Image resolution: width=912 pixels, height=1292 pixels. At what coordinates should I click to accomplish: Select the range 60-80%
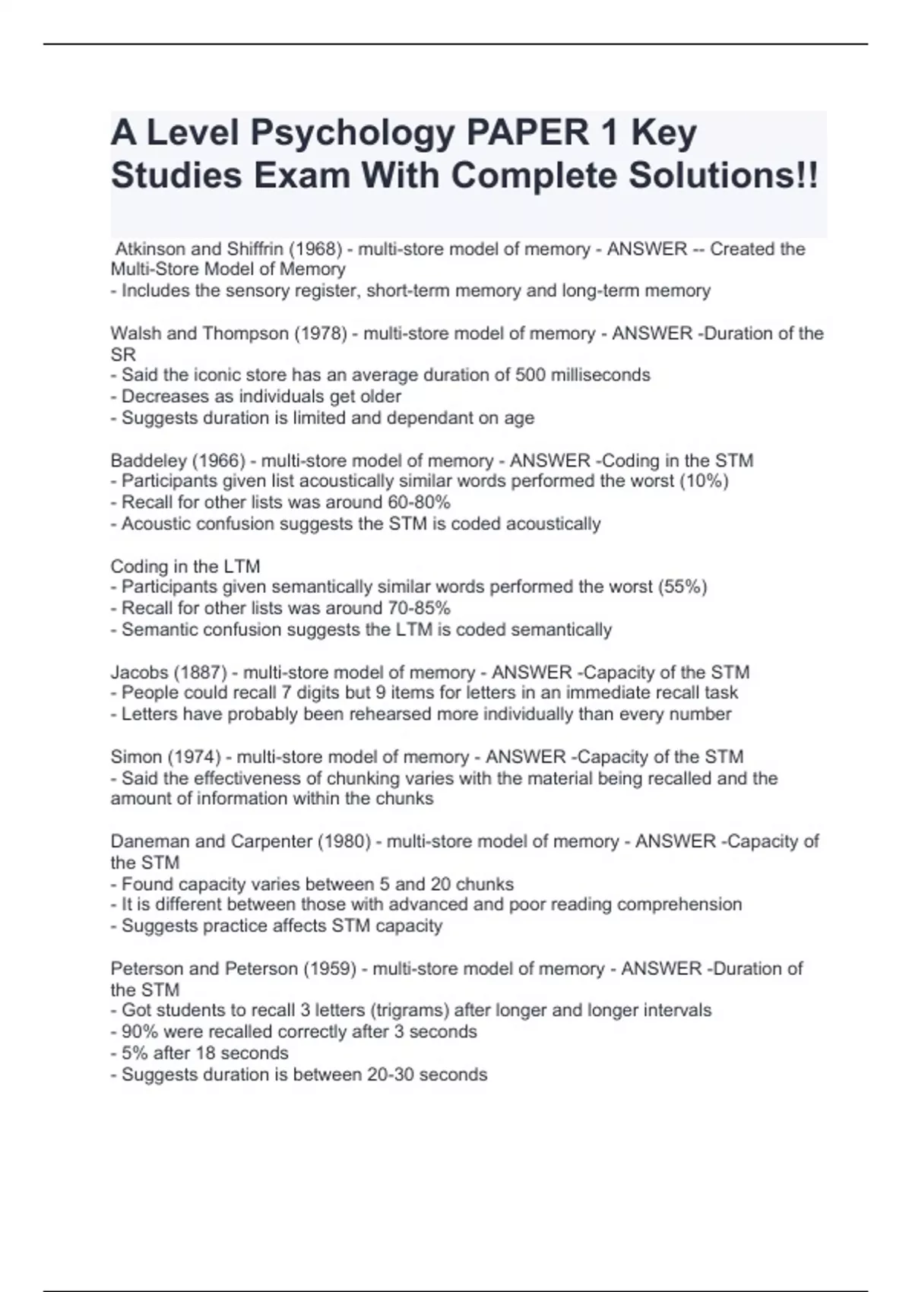(419, 502)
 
